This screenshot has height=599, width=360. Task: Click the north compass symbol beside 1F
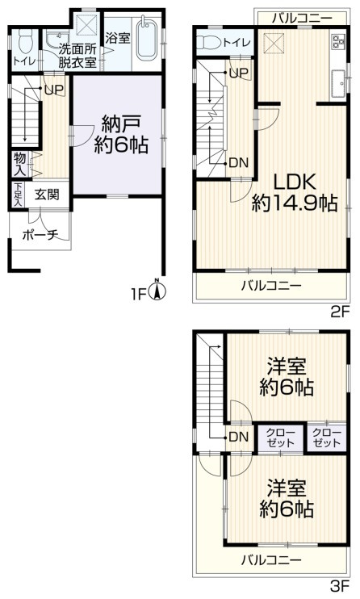[160, 291]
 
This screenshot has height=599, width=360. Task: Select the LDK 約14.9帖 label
[293, 192]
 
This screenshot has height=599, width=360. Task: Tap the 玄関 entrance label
[44, 194]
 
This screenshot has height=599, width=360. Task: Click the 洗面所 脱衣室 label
[77, 54]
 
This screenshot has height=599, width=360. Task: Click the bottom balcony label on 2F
[271, 286]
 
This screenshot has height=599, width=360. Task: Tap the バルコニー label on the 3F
[271, 559]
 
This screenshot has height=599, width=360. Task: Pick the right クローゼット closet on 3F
[325, 437]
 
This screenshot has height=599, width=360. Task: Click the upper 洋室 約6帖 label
[287, 377]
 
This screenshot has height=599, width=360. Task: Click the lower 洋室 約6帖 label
[287, 499]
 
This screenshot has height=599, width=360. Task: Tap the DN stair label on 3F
[238, 437]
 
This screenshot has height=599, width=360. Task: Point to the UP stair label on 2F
[238, 73]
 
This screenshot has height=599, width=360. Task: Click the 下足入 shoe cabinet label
[18, 194]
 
